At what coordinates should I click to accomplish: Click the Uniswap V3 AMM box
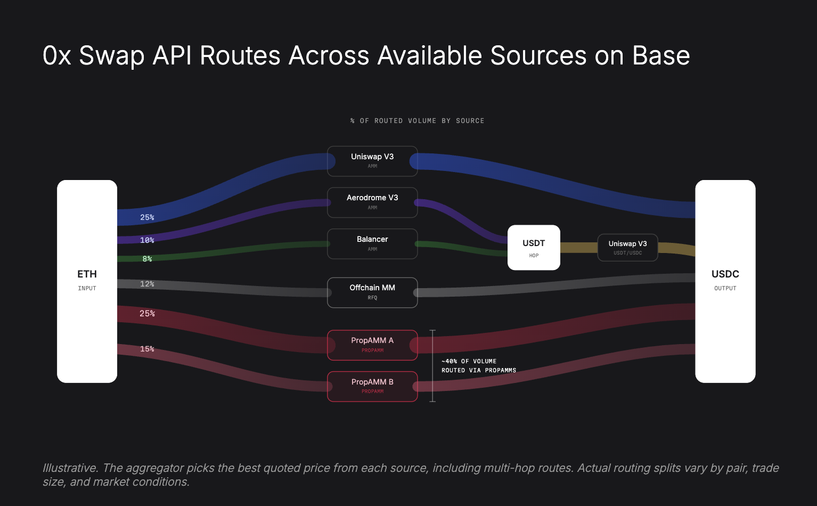point(372,161)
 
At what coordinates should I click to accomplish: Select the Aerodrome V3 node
point(372,202)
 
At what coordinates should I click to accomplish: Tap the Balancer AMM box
point(372,244)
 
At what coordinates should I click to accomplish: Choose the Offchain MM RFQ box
point(372,292)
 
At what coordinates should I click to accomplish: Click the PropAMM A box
point(372,345)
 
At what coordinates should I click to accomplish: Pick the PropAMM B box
point(372,386)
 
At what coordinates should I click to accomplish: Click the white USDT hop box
point(534,247)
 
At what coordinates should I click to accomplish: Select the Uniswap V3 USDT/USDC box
point(627,248)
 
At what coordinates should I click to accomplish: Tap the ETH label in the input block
point(87,274)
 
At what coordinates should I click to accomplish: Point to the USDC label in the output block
point(725,274)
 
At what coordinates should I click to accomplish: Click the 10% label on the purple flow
point(147,240)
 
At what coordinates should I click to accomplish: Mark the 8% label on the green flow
point(147,259)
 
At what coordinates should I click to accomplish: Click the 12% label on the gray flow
point(147,284)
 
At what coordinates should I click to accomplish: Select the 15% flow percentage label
point(147,349)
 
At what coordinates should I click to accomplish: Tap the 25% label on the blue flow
point(147,217)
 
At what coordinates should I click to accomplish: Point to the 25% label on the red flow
point(147,314)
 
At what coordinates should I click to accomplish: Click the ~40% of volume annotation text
point(478,365)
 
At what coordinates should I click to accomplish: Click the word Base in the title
point(661,55)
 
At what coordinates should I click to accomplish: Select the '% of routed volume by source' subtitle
point(417,121)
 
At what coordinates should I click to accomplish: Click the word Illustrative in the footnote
point(70,468)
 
